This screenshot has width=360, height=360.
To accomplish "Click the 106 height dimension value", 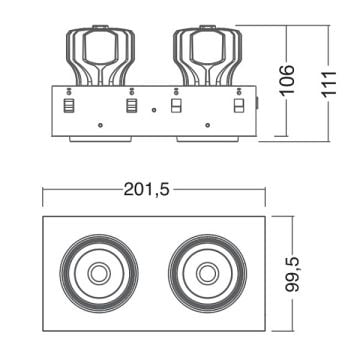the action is click(x=287, y=80).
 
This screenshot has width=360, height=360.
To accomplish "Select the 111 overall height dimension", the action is click(x=329, y=84).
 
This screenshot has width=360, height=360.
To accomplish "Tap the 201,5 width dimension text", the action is click(x=147, y=190).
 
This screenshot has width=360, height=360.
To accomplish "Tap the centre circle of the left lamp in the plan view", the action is click(x=99, y=274).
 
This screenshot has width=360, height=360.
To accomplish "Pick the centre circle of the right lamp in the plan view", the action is click(x=208, y=274).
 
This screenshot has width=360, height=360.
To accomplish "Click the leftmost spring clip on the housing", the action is click(x=70, y=106).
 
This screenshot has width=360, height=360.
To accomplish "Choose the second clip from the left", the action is click(x=132, y=106).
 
